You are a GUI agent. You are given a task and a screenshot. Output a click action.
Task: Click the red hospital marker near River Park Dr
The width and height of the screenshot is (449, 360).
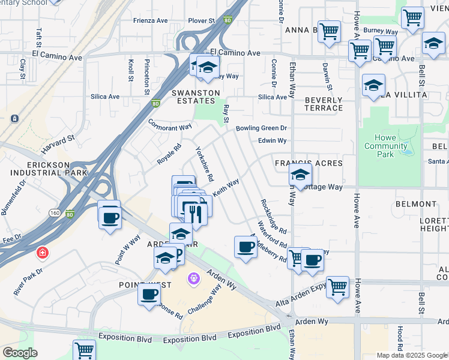point(41,253)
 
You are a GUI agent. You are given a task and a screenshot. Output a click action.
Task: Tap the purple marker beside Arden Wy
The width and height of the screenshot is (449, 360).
point(193,278)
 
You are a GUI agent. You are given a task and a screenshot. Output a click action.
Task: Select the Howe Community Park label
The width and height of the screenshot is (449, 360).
point(385,146)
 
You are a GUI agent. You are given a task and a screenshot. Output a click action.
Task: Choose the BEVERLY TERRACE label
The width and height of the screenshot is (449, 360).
point(323,104)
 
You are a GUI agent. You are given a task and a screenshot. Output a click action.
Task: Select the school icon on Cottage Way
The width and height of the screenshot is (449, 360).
point(299,175)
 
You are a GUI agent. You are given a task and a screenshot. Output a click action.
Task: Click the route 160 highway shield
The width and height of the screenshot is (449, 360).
point(55,213)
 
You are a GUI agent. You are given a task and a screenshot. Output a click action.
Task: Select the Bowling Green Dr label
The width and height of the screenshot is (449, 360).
point(262,128)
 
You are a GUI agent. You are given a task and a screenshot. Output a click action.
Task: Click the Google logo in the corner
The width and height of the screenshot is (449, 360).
point(20,353)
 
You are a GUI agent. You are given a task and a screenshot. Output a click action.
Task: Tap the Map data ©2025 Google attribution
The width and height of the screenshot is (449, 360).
point(411,355)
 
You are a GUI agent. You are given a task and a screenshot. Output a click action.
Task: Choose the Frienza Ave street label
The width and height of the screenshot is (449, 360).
point(150,20)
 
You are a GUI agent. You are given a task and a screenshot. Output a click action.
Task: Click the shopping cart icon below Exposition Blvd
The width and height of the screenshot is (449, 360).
point(84,349)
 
